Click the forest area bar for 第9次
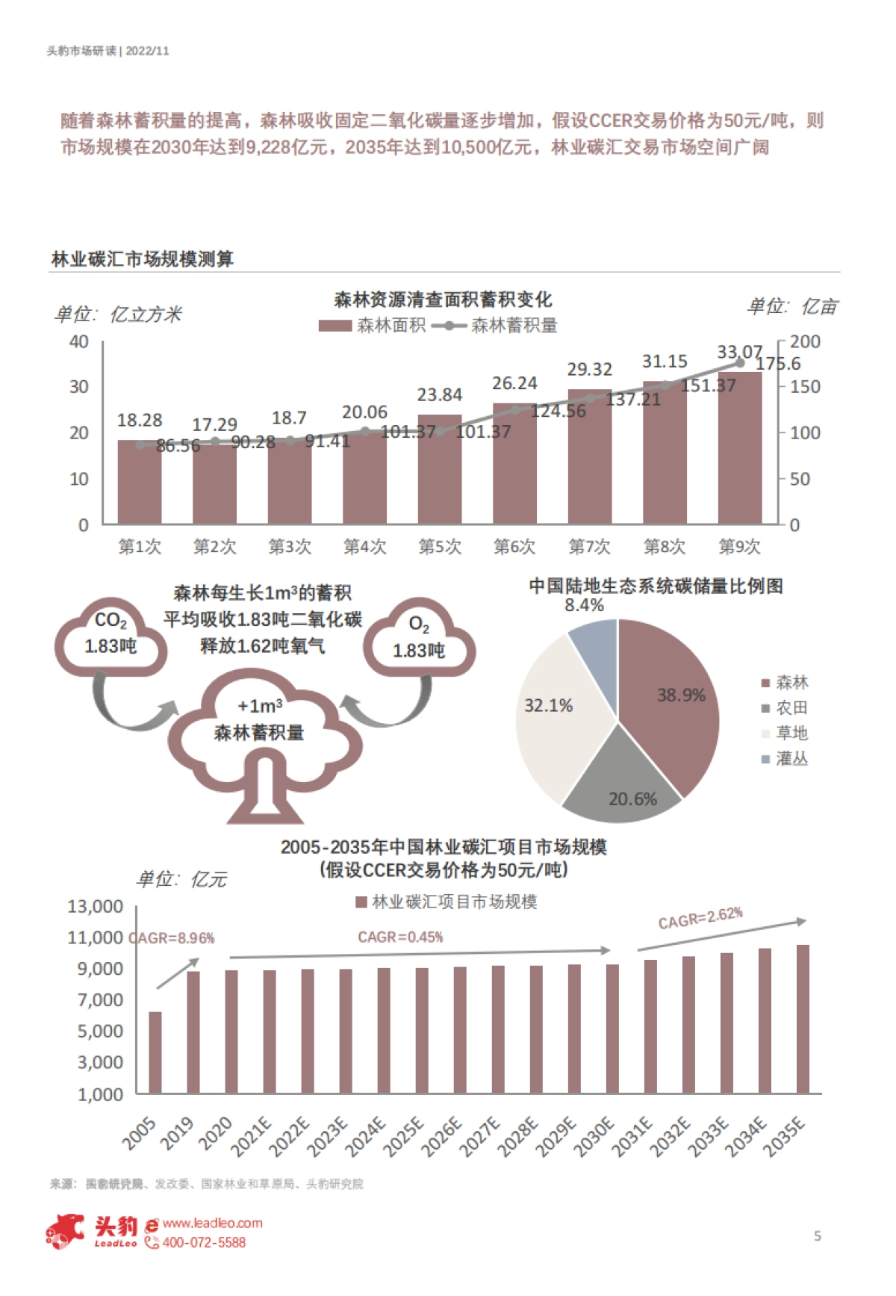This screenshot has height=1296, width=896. tap(739, 463)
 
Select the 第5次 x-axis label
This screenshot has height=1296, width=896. tap(440, 547)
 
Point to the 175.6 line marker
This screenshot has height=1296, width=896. tap(740, 363)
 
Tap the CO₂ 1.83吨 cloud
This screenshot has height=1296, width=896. tap(111, 635)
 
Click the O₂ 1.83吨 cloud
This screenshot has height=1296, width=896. tap(419, 639)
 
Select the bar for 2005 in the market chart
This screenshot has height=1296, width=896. tap(155, 1053)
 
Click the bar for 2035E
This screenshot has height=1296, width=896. tap(803, 1020)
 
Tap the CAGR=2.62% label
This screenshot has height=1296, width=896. tap(700, 918)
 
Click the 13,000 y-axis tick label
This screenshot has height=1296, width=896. tap(96, 906)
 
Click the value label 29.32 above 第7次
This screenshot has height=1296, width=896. tap(589, 369)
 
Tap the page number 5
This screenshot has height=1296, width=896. tap(818, 1235)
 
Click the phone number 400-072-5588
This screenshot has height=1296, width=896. tap(204, 1242)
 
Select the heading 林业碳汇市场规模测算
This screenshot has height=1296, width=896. tap(143, 259)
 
